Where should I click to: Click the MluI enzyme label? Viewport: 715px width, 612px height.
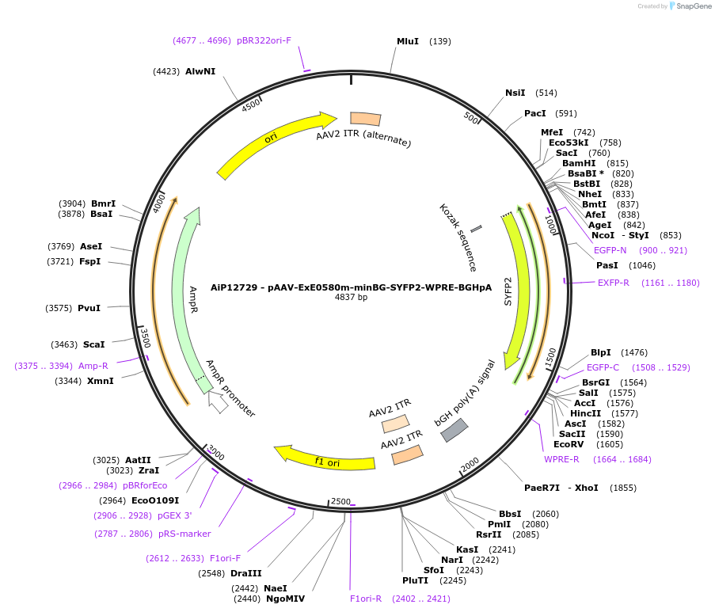point(408,41)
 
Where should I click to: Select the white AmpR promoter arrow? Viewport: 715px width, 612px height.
point(218,402)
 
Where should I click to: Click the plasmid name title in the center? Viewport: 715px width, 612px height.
point(351,287)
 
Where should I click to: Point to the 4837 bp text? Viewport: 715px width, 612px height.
point(351,298)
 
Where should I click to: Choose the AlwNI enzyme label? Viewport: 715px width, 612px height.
point(200,71)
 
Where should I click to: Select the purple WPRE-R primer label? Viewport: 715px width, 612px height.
point(561,459)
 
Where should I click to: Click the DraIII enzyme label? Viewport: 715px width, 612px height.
point(245,573)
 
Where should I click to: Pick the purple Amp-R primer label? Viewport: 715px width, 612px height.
point(93,366)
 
